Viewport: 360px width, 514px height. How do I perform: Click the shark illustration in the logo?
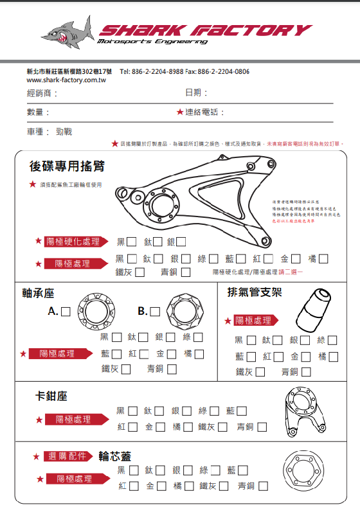tap(66, 33)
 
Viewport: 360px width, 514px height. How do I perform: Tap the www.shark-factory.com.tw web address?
tap(66, 80)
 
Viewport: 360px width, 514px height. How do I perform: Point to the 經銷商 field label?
tap(42, 94)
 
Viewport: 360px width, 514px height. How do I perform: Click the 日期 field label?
tap(196, 93)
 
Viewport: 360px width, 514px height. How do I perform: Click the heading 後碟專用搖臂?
tap(67, 166)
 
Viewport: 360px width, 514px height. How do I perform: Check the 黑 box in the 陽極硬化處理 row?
tap(132, 242)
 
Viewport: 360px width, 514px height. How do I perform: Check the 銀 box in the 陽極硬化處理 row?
tap(181, 242)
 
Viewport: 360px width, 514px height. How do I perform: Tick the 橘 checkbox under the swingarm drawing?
tap(323, 259)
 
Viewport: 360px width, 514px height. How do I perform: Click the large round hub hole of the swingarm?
tap(157, 208)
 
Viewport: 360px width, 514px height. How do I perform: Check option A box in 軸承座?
tap(65, 312)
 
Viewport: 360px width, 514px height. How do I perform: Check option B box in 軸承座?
tap(155, 312)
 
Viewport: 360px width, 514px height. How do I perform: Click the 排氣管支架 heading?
tap(255, 292)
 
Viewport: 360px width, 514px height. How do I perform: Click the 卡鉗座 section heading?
tap(51, 396)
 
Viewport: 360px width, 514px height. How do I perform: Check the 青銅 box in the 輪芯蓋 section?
tap(263, 486)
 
